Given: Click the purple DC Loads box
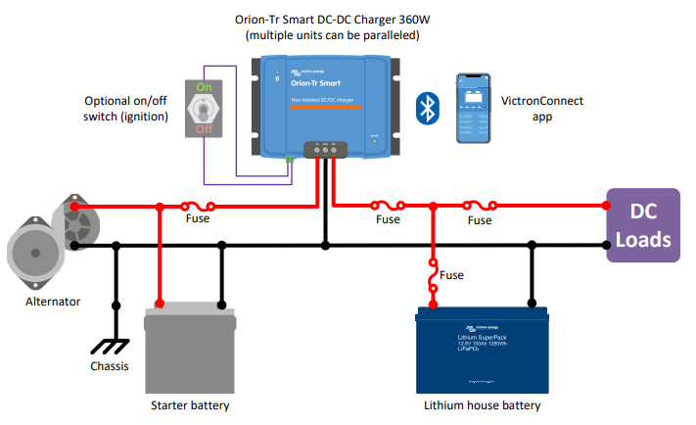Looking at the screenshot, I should (642, 226).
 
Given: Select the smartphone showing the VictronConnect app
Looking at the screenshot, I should (478, 109).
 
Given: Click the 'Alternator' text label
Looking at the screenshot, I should (53, 302).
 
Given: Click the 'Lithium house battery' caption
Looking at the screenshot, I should (482, 404).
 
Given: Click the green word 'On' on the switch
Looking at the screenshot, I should (204, 87).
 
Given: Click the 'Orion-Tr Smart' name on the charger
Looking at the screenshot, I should (315, 83).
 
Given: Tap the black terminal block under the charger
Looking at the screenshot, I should (325, 150).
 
